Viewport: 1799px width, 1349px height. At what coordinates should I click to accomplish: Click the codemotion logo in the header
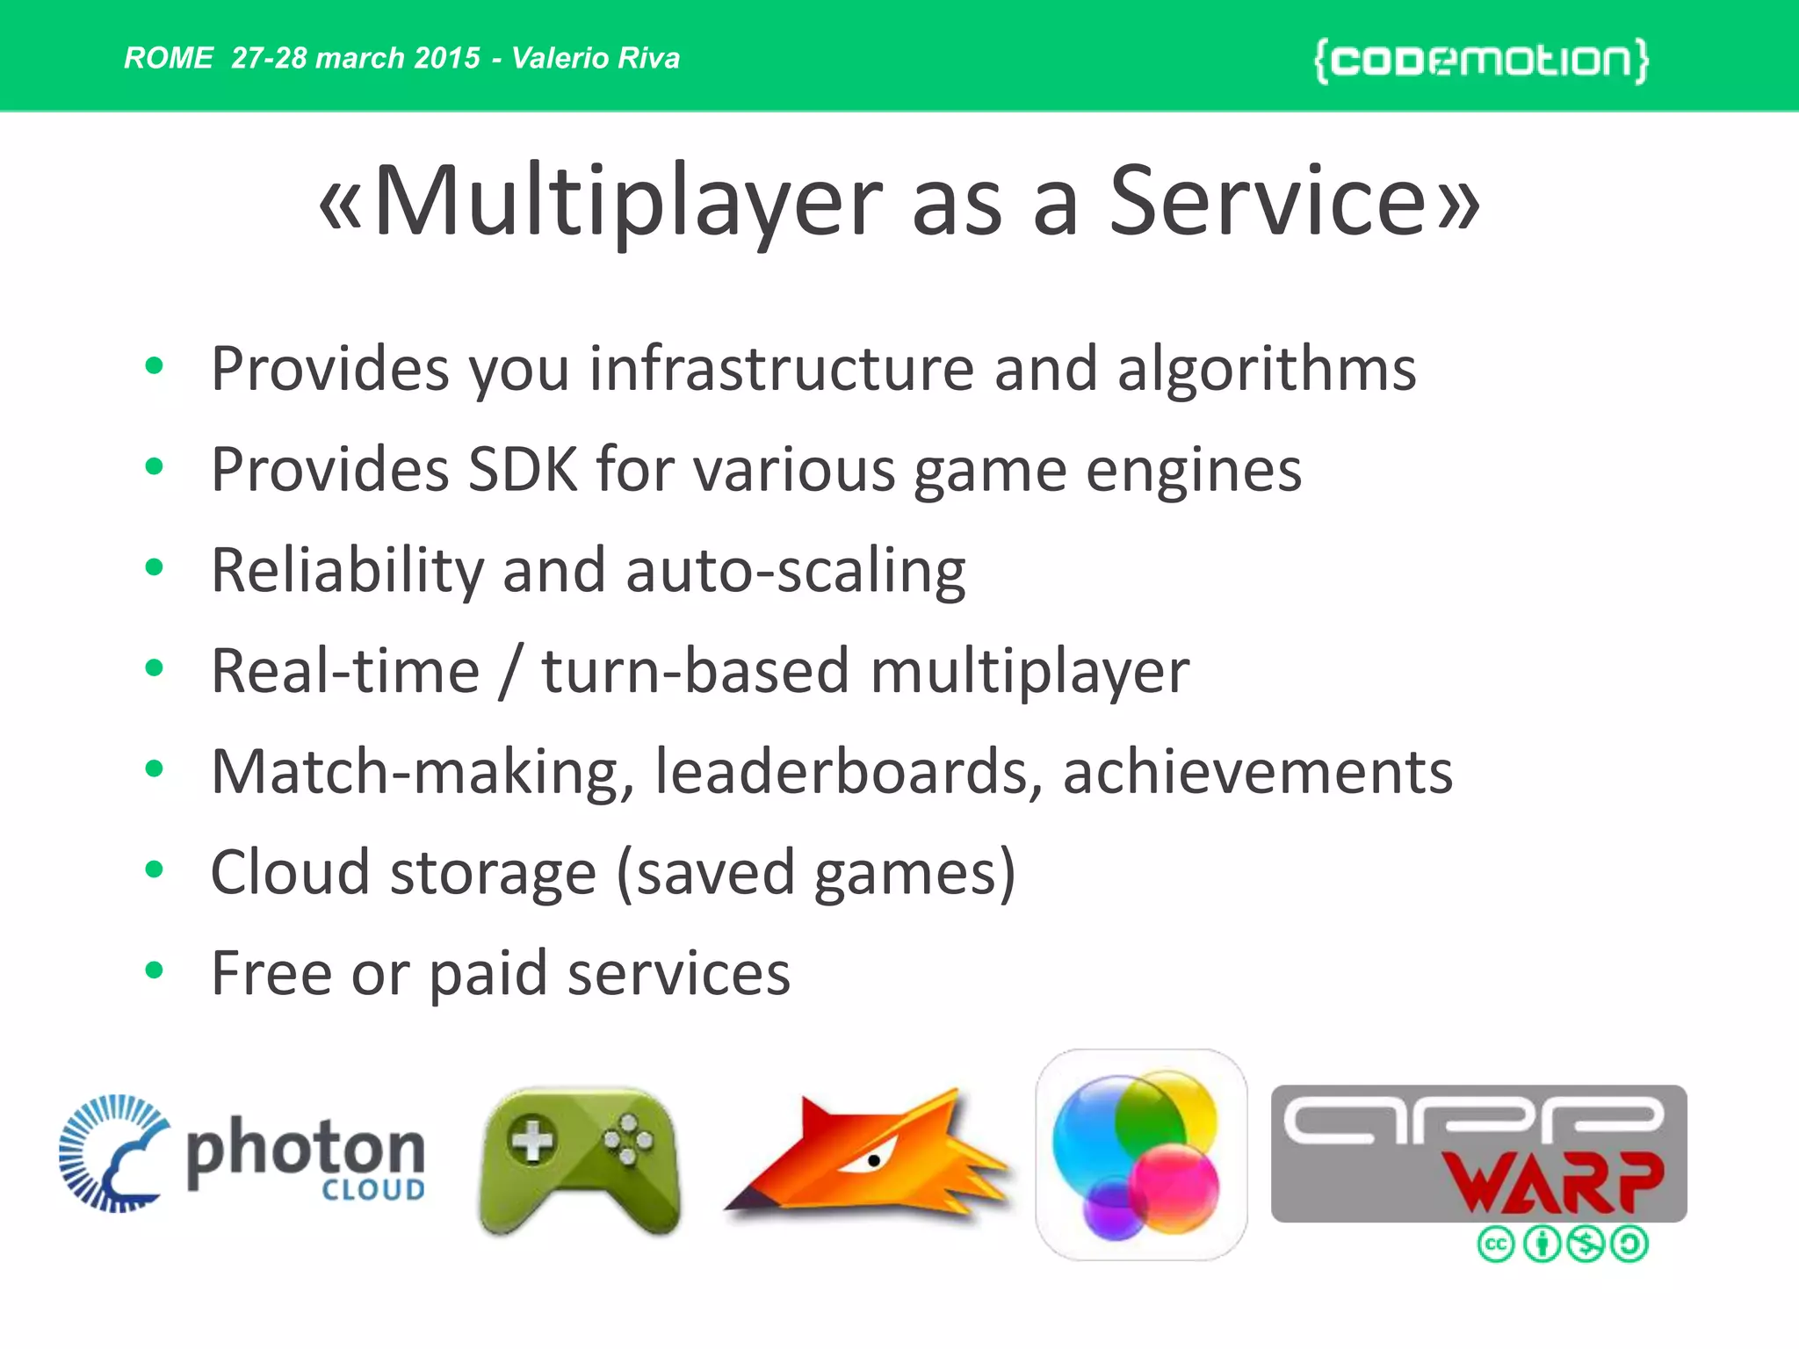coord(1481,61)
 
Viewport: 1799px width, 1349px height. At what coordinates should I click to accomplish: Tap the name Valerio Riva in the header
coord(596,58)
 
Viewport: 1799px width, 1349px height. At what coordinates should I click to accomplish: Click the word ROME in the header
coord(168,58)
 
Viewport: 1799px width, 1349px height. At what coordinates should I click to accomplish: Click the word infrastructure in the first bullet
coord(781,369)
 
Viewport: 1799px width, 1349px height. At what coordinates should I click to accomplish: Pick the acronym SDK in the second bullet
coord(523,470)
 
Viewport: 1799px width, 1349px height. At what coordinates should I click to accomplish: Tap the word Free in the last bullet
coord(271,973)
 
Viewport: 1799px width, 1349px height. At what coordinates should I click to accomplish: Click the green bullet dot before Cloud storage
coord(155,869)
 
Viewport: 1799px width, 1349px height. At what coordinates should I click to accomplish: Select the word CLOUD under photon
coord(373,1190)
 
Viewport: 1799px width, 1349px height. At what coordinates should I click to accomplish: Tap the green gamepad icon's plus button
coord(532,1141)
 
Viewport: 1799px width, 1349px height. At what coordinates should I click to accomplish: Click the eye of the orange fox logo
coord(873,1160)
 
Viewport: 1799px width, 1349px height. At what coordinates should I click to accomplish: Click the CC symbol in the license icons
coord(1496,1244)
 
